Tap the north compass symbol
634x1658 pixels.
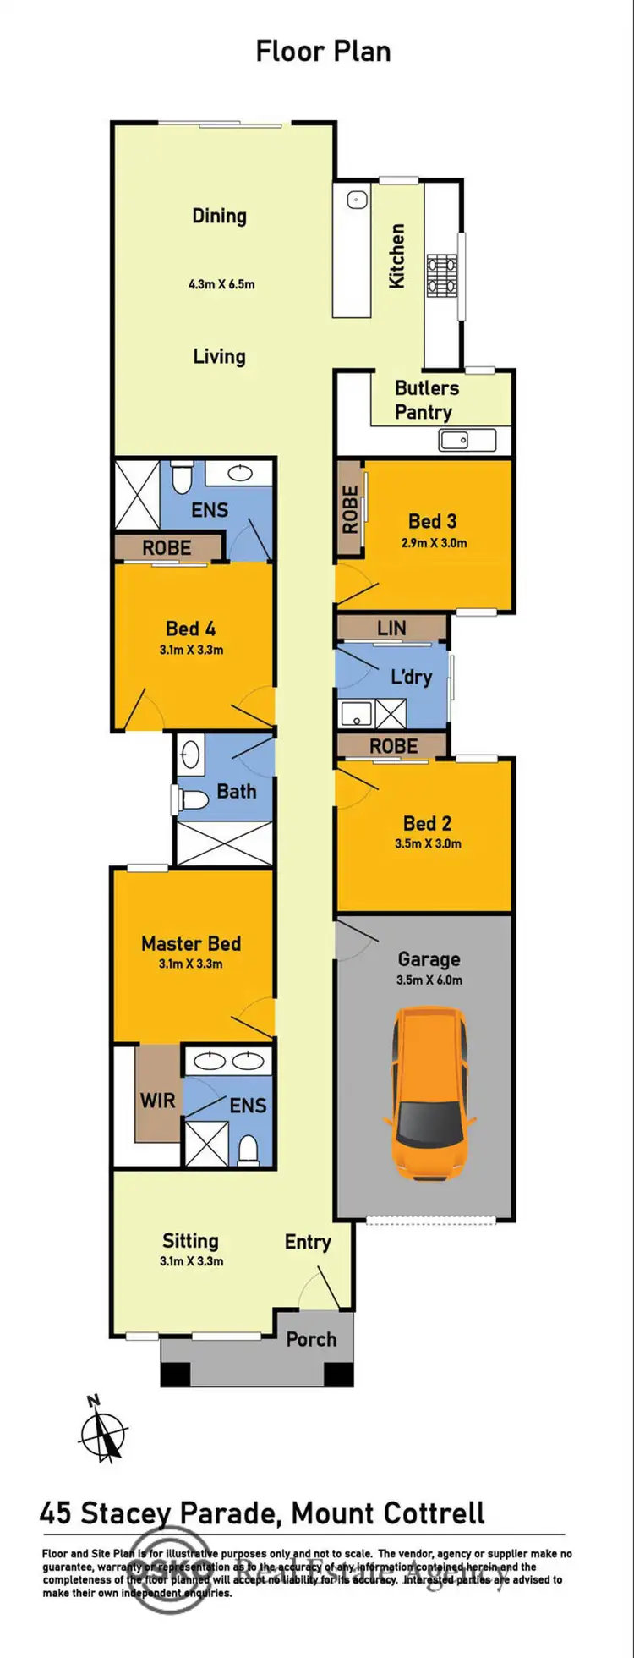pos(103,1433)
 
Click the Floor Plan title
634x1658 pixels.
pos(323,52)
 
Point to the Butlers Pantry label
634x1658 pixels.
pos(426,400)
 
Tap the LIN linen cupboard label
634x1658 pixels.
pos(391,628)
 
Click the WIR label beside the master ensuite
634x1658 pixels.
pos(158,1101)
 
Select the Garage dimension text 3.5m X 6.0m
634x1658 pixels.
pos(429,980)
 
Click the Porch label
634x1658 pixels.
pos(311,1339)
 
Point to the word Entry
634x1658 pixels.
pos(308,1242)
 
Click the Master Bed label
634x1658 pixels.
pos(191,943)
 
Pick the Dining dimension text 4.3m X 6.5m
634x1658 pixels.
pos(221,284)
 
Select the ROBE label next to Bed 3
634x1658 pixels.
pos(350,508)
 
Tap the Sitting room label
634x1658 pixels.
pos(190,1241)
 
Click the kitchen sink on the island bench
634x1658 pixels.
pos(356,200)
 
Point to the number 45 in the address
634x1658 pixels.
pos(56,1513)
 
